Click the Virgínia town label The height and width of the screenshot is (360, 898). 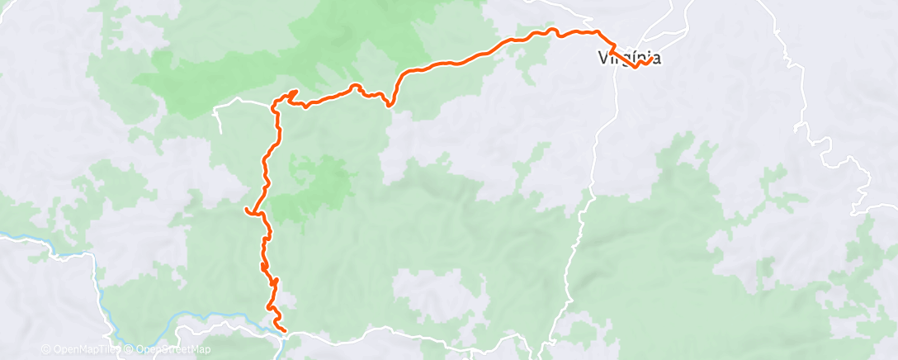(628, 58)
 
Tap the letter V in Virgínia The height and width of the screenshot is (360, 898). (603, 58)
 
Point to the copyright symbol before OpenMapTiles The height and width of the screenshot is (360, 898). (45, 349)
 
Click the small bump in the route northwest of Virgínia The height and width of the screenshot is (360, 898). (555, 31)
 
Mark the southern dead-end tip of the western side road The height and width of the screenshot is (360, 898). (220, 132)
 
